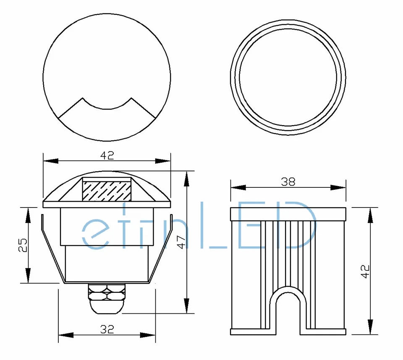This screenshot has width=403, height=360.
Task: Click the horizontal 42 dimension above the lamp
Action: [107, 155]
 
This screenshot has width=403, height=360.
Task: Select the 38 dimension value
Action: [288, 182]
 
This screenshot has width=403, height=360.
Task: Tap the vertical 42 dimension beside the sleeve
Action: [365, 271]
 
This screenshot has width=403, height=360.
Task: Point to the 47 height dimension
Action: [182, 242]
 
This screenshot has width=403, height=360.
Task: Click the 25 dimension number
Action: [23, 245]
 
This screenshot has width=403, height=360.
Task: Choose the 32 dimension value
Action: [107, 329]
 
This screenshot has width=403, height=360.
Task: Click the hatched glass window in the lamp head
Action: [106, 191]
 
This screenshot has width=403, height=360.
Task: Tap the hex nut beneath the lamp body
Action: [107, 292]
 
